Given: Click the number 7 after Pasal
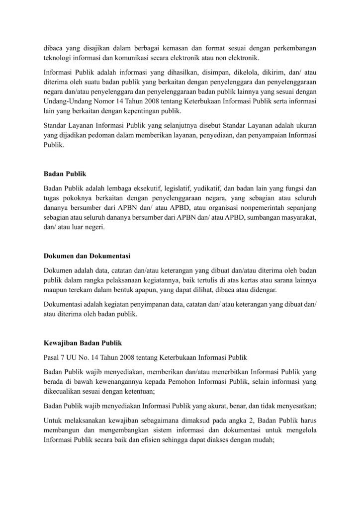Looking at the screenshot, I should (x=63, y=357).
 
